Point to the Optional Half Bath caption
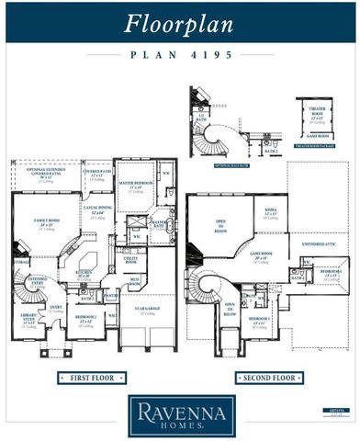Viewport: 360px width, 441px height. (232, 166)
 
